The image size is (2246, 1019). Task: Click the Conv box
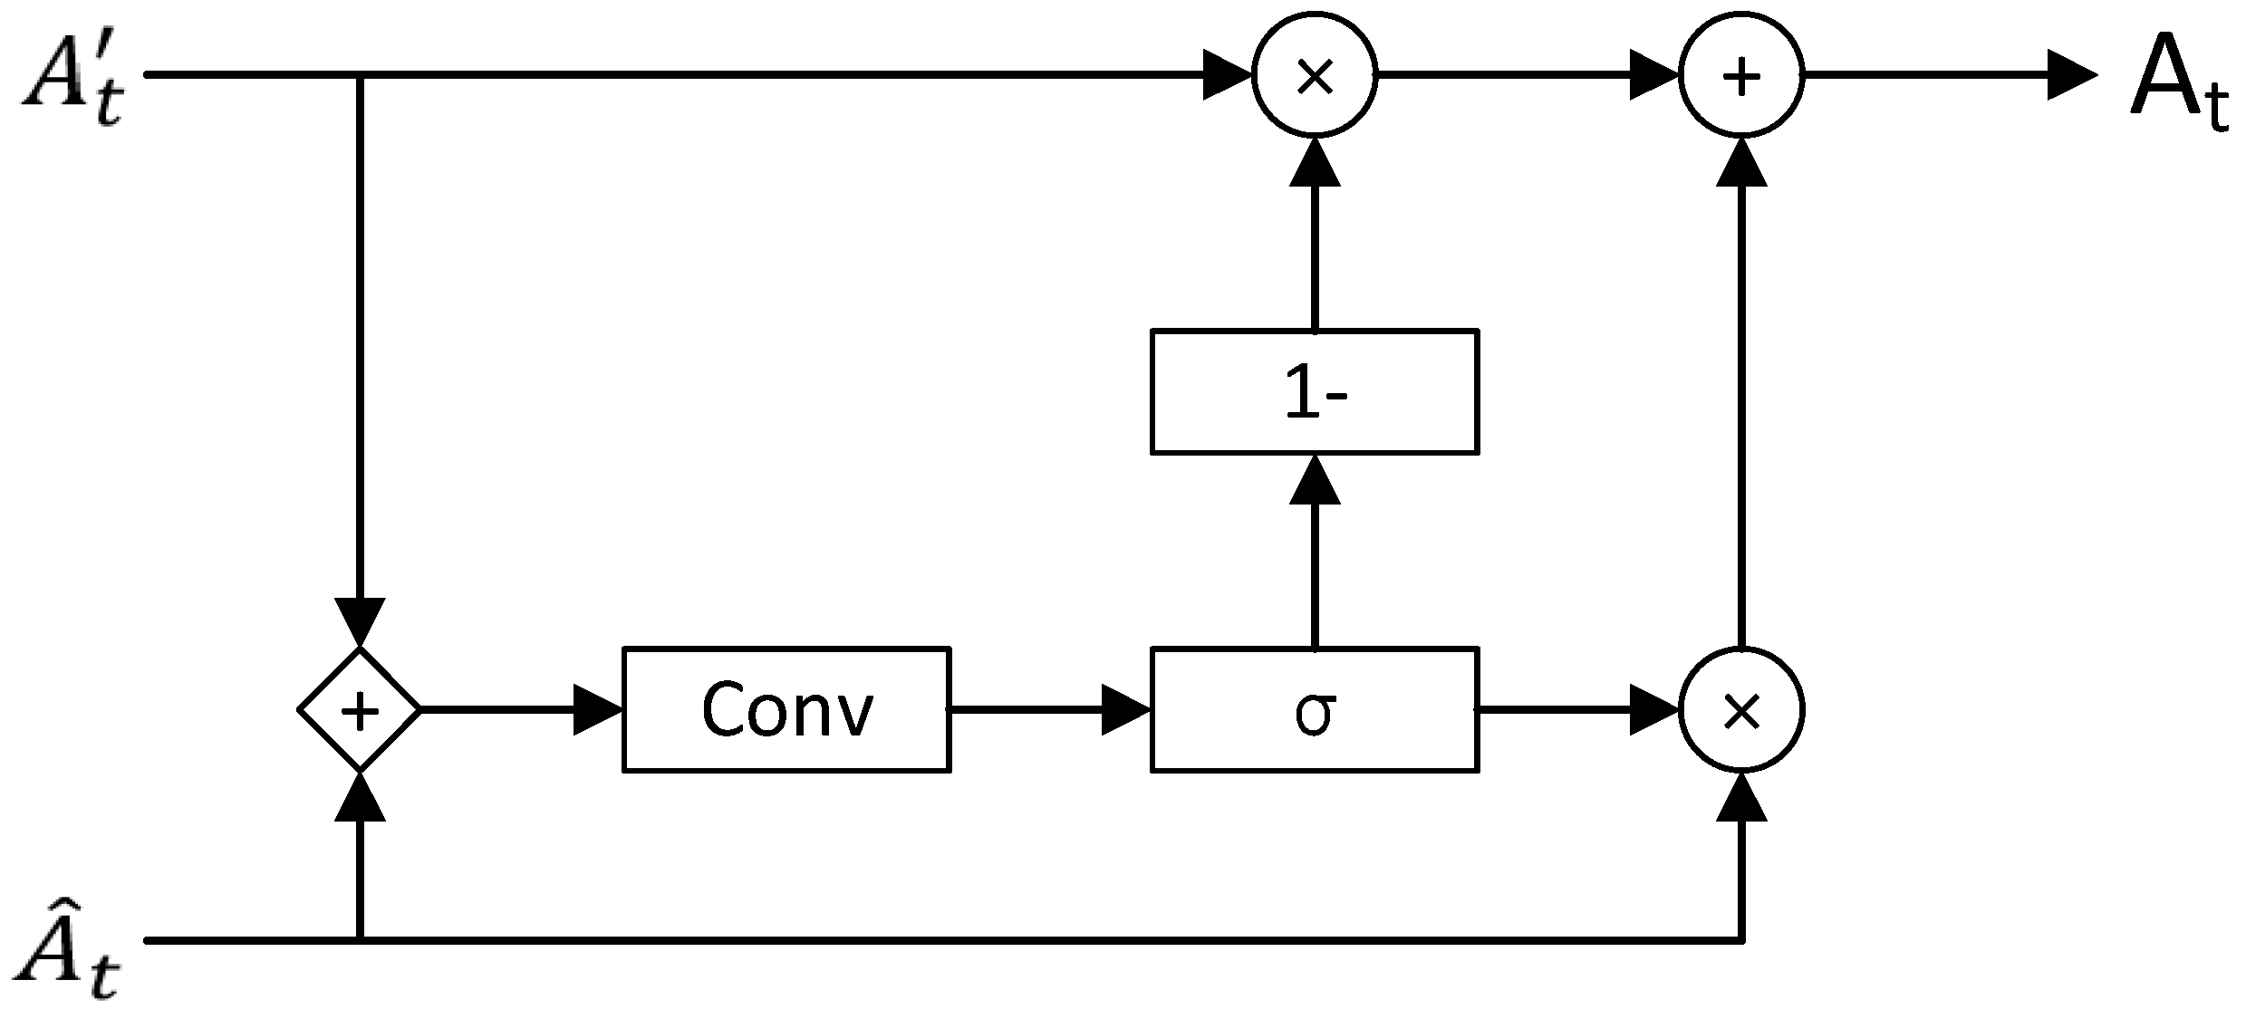pos(786,709)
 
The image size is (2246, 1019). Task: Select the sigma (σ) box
pos(1314,709)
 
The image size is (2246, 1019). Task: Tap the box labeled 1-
pos(1314,391)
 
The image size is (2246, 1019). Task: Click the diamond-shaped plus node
pos(360,709)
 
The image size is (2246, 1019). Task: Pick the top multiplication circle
pos(1314,75)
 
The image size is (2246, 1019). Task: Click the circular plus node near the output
pos(1741,75)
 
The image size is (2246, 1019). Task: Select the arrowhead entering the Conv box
pos(598,709)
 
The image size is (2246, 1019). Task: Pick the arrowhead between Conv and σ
pos(1125,709)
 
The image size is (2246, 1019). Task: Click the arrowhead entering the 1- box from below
pos(1314,480)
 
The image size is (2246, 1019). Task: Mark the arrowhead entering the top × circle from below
pos(1314,163)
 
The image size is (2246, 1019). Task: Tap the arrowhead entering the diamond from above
pos(360,623)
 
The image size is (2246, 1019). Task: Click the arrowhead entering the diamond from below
pos(360,797)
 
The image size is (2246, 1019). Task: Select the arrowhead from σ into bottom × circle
pos(1653,709)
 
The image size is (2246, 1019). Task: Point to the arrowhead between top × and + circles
pos(1653,75)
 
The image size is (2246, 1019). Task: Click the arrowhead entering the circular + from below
pos(1741,163)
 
